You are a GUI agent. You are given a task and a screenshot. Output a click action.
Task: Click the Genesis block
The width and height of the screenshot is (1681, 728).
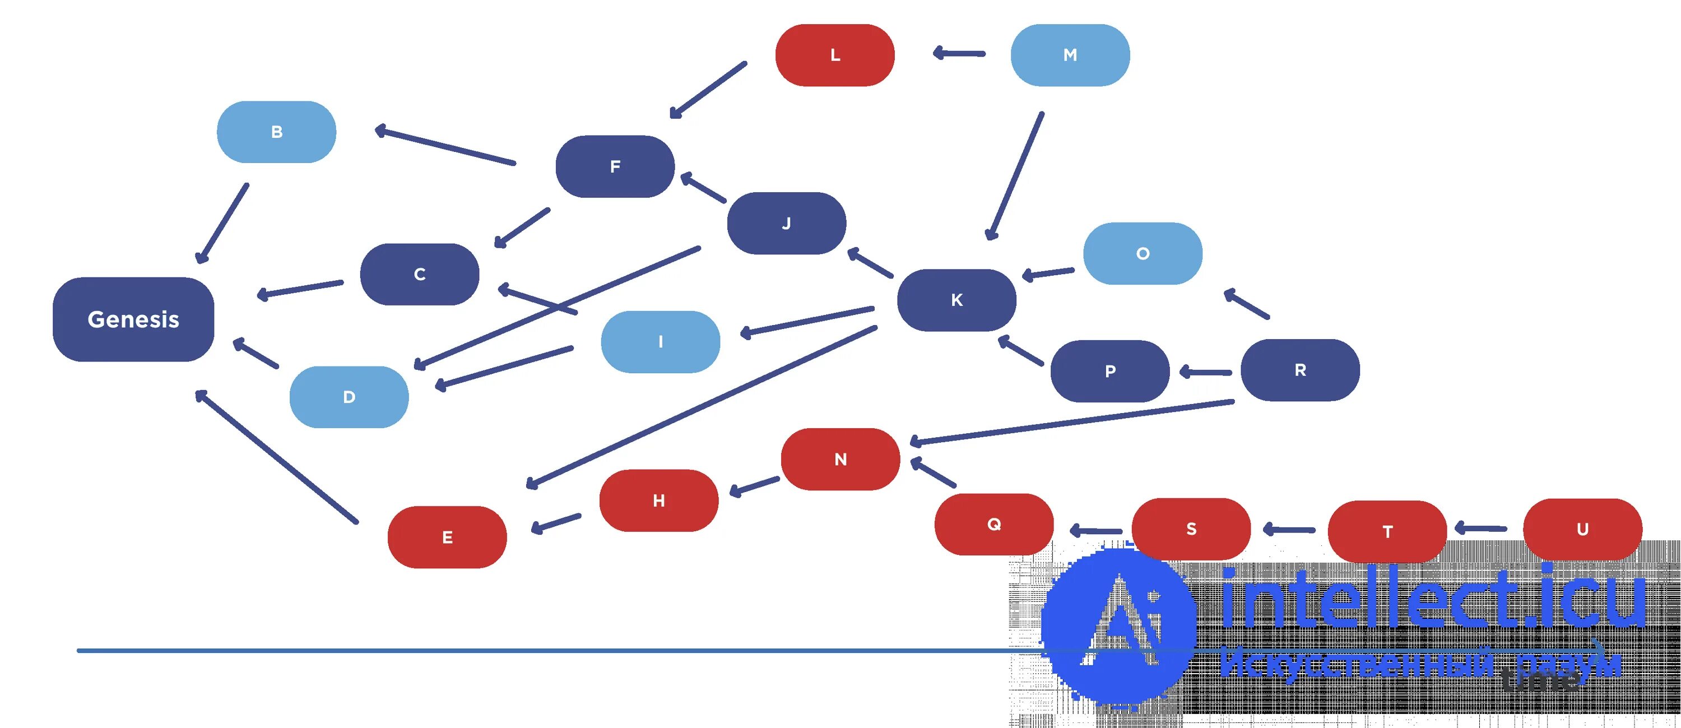[133, 319]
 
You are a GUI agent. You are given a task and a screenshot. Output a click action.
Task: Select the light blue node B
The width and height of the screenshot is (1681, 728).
[276, 132]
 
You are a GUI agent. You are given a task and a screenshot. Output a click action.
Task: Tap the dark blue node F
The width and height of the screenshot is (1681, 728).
[615, 166]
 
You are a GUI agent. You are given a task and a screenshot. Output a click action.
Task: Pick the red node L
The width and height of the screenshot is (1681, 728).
[835, 55]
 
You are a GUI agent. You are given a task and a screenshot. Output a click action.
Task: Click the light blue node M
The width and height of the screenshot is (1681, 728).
[1070, 55]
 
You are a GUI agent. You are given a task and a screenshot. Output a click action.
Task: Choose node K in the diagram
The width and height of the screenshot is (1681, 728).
[956, 300]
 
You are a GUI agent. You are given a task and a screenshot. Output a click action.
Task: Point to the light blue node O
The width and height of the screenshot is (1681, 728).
[1142, 253]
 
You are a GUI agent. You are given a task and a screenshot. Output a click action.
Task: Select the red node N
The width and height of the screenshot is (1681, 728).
[840, 460]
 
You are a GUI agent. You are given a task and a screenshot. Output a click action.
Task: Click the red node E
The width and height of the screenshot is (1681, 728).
[447, 537]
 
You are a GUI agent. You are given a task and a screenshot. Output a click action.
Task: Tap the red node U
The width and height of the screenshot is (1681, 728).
[1582, 530]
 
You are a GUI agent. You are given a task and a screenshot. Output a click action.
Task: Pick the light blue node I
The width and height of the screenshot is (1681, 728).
[661, 341]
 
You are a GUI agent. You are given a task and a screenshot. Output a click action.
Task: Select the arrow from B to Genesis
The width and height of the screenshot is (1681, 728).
[222, 223]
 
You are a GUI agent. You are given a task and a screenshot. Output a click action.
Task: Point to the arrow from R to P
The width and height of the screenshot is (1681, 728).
[1206, 372]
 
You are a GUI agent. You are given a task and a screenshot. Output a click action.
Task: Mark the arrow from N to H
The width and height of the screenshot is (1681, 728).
[754, 487]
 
